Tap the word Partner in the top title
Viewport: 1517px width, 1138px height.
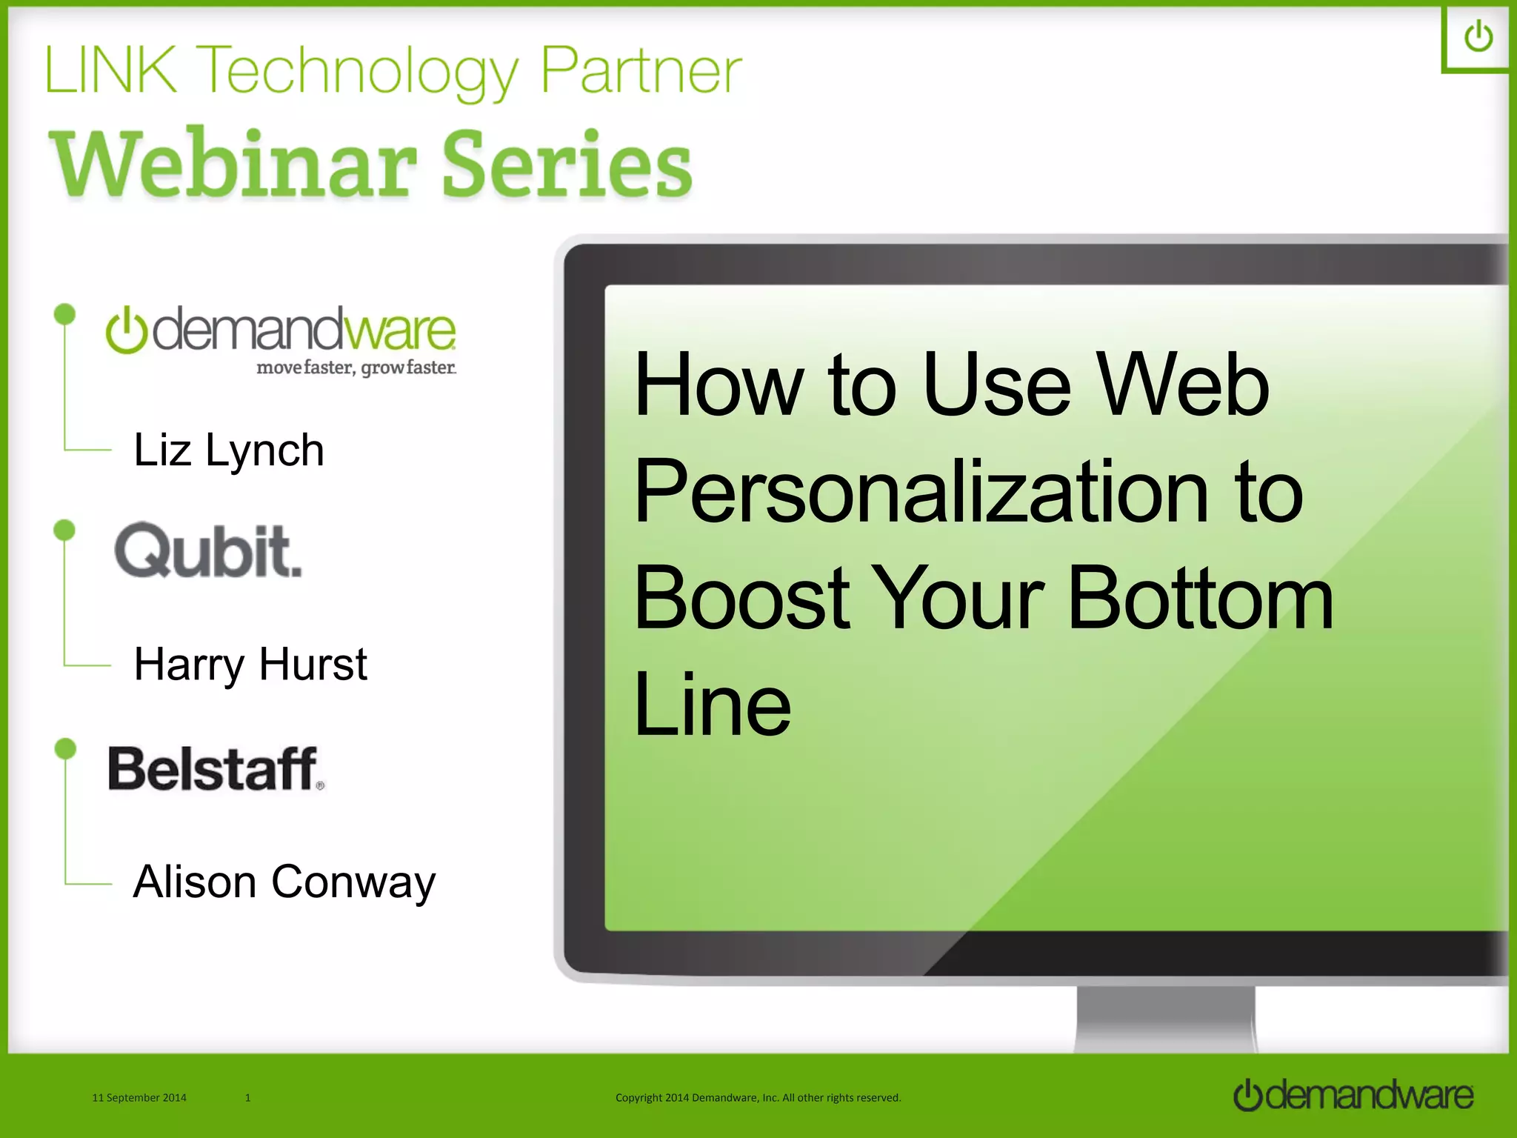pos(641,71)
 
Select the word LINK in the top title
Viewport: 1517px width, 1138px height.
pos(111,71)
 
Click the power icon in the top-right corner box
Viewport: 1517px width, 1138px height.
pos(1478,37)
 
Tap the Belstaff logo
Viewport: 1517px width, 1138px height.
pos(216,768)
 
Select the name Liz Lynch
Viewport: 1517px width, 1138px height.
pos(228,450)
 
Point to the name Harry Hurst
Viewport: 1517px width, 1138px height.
pos(250,664)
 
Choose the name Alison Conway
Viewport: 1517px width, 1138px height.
pos(284,882)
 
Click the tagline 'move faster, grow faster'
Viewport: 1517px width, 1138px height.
pos(356,367)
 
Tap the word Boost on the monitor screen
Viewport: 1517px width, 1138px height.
pos(741,597)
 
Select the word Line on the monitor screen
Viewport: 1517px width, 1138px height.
pos(712,704)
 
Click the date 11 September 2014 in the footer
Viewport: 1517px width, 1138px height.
pos(139,1097)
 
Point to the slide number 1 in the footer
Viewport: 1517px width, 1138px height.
pos(247,1097)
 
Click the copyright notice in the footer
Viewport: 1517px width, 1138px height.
pos(758,1097)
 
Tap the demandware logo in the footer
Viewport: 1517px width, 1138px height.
pos(1353,1095)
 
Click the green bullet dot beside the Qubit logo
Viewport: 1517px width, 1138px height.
pos(65,530)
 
